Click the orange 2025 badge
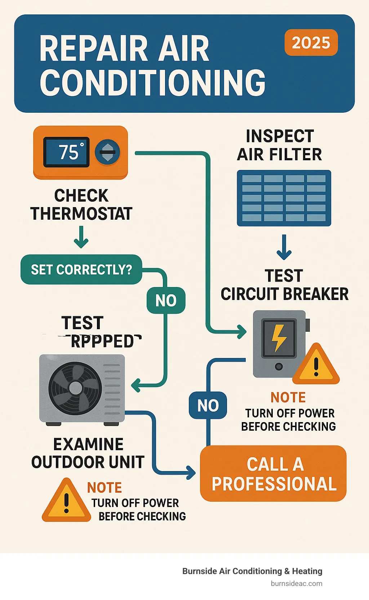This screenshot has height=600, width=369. [x=311, y=43]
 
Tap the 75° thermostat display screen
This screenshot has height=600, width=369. [x=67, y=152]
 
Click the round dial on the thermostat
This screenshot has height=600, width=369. [x=107, y=152]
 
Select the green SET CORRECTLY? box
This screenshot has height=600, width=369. [x=81, y=269]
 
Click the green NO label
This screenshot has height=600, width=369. [x=166, y=300]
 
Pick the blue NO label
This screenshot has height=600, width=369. [x=208, y=406]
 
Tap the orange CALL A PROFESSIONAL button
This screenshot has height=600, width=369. [x=273, y=474]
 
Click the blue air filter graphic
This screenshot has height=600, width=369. [x=284, y=198]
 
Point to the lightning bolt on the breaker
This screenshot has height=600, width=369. [x=279, y=338]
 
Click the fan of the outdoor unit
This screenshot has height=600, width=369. [x=75, y=388]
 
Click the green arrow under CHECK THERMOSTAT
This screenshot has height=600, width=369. [x=81, y=237]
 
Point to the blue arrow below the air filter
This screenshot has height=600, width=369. [x=284, y=247]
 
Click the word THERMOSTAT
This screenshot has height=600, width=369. [x=81, y=214]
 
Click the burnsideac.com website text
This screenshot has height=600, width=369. [x=296, y=583]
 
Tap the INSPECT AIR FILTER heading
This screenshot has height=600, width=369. [x=280, y=145]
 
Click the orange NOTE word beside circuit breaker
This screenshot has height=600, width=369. [x=288, y=398]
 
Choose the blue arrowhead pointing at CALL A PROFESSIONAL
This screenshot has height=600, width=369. [x=191, y=472]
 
